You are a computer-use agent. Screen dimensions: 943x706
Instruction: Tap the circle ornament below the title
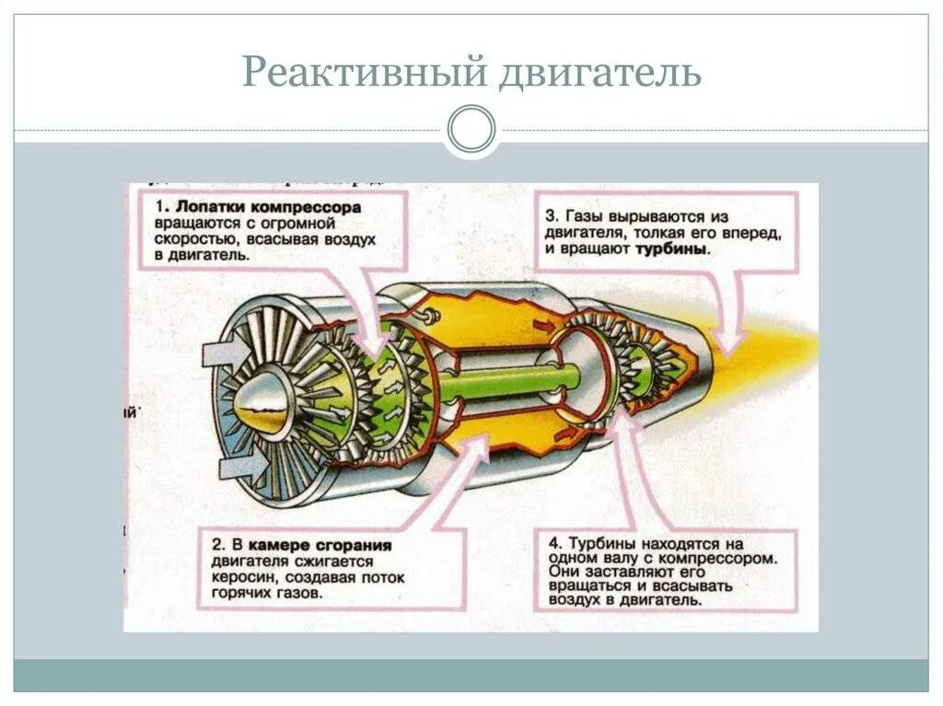[x=471, y=129]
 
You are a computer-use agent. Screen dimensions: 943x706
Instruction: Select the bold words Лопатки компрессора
[x=270, y=208]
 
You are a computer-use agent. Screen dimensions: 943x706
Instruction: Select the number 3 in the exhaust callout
[x=550, y=216]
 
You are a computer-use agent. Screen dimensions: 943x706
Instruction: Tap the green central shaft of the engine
[x=516, y=378]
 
